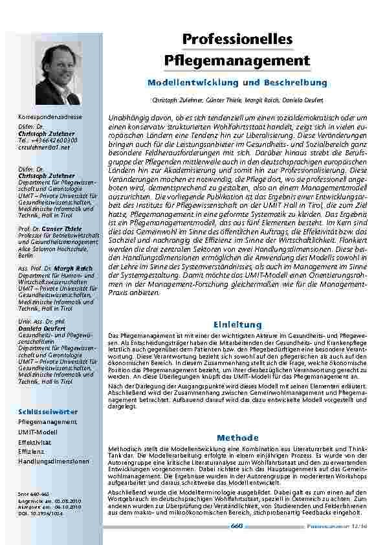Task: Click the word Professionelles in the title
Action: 237,39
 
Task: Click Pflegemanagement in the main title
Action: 237,61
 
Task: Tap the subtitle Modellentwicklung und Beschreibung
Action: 237,83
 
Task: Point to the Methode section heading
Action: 237,438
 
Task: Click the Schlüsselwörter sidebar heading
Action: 48,412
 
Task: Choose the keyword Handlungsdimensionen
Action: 54,462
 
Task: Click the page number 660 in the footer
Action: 237,526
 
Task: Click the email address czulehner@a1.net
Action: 44,148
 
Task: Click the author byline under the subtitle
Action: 237,102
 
